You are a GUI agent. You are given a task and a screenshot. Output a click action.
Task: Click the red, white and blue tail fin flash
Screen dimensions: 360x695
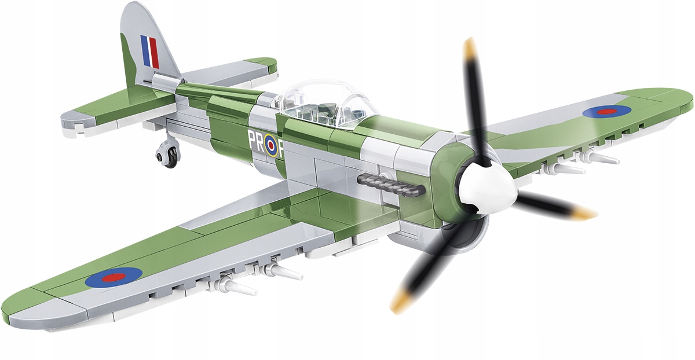click(149, 51)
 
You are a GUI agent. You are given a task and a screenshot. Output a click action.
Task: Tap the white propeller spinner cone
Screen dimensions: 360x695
click(489, 188)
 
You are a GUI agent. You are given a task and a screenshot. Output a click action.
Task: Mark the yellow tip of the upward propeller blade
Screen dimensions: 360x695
click(469, 47)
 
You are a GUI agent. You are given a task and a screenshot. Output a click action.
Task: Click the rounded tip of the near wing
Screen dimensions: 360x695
click(23, 307)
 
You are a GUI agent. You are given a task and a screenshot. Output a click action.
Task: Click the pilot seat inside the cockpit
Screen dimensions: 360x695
click(324, 110)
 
